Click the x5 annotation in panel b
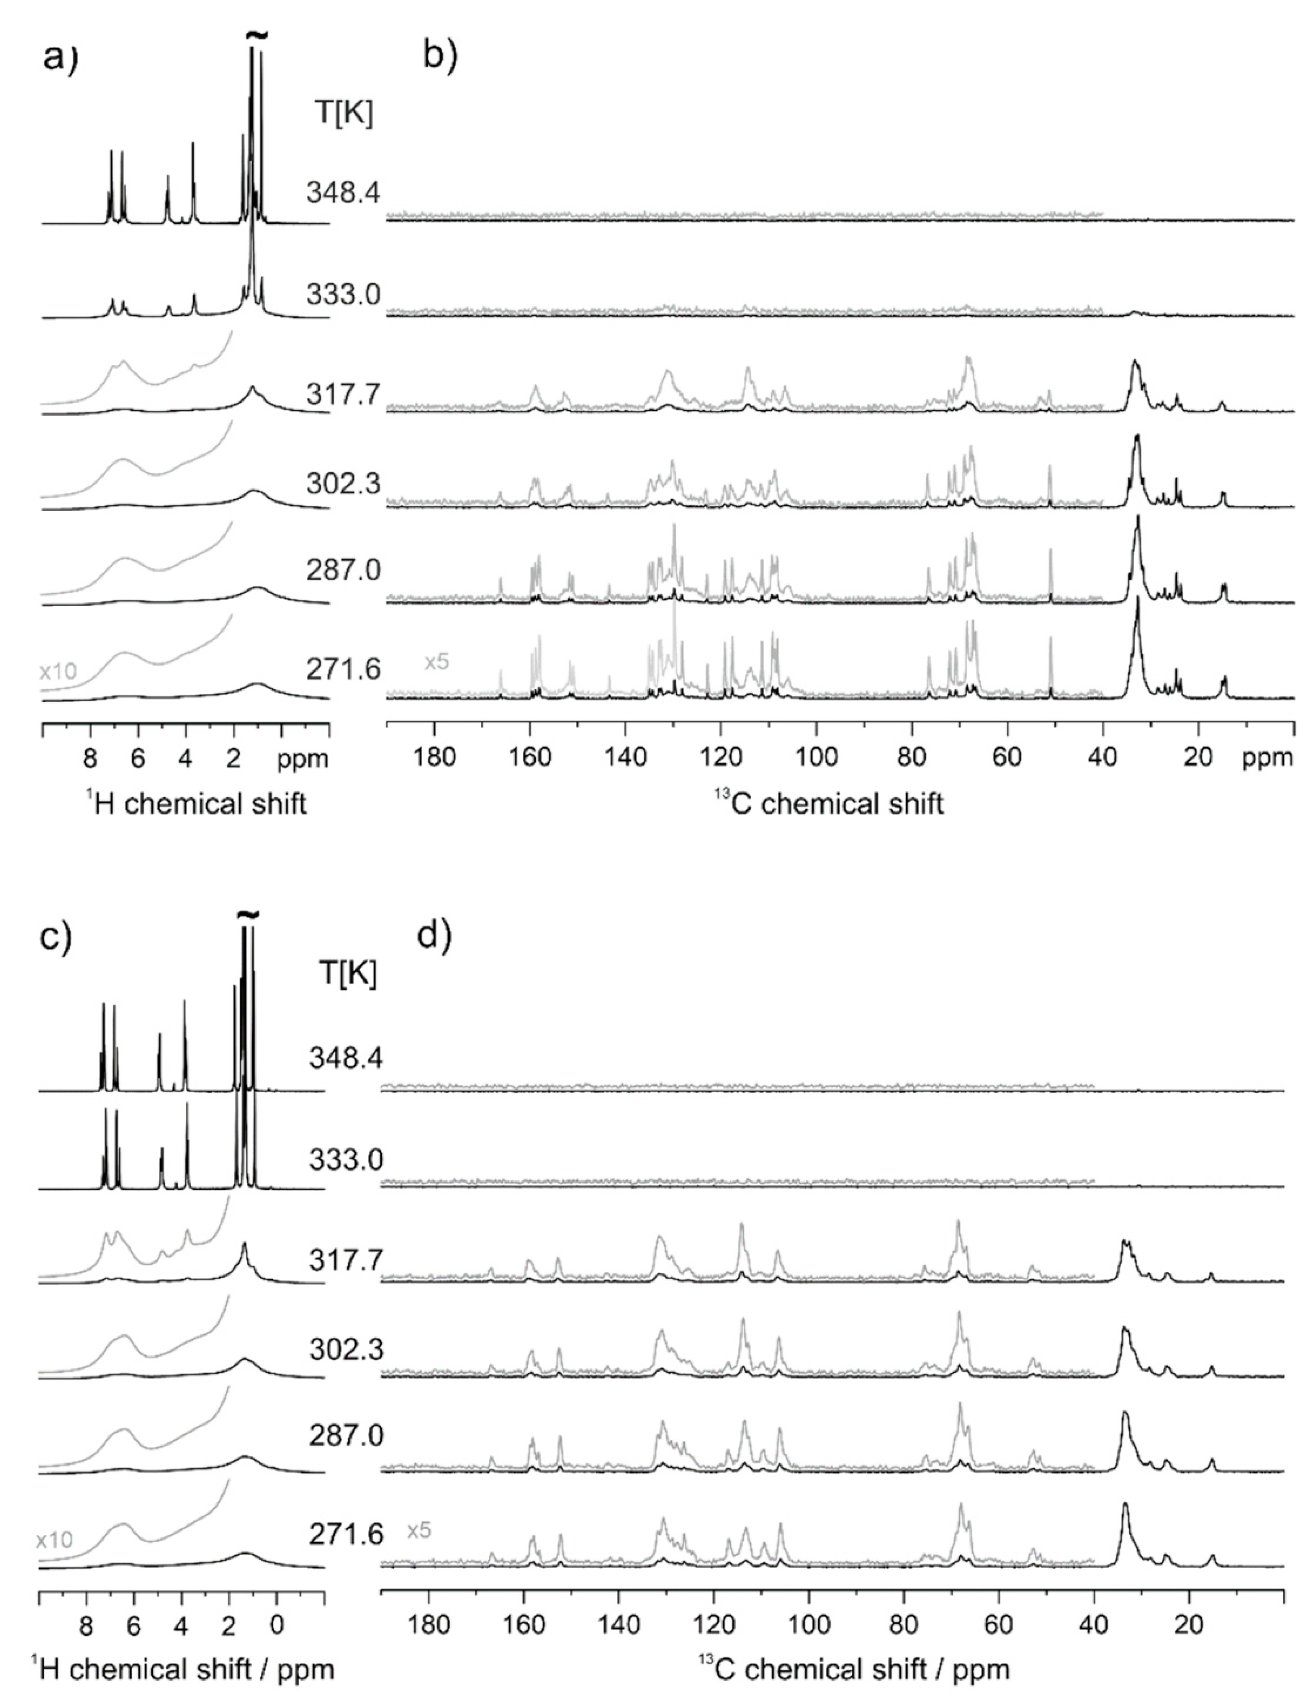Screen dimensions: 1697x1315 coord(437,662)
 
